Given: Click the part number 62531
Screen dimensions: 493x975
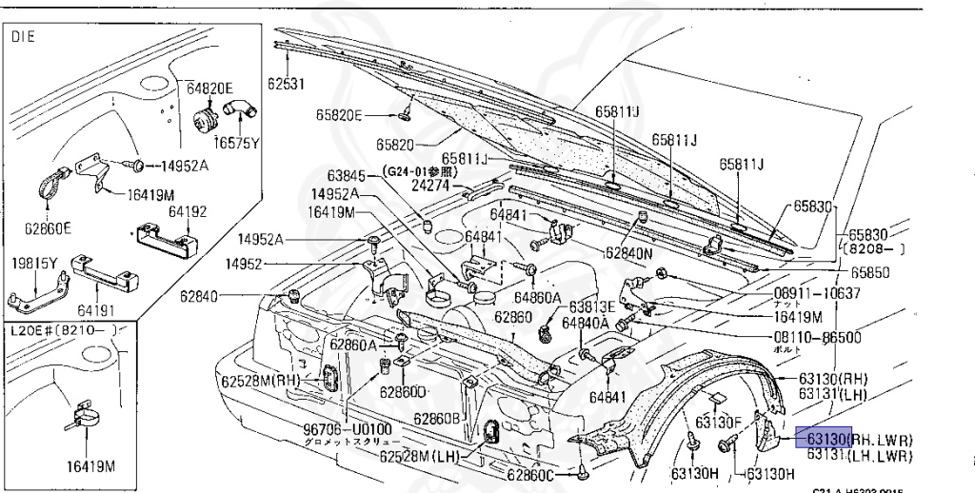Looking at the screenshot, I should pos(286,84).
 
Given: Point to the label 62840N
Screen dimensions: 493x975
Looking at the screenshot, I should pos(629,254).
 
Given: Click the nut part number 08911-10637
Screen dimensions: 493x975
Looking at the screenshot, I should pos(817,292).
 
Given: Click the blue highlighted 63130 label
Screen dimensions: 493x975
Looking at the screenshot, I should pos(823,439).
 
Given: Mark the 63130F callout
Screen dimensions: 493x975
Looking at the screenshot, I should pos(719,422).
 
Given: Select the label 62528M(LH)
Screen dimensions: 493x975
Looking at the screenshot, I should pos(419,456).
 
